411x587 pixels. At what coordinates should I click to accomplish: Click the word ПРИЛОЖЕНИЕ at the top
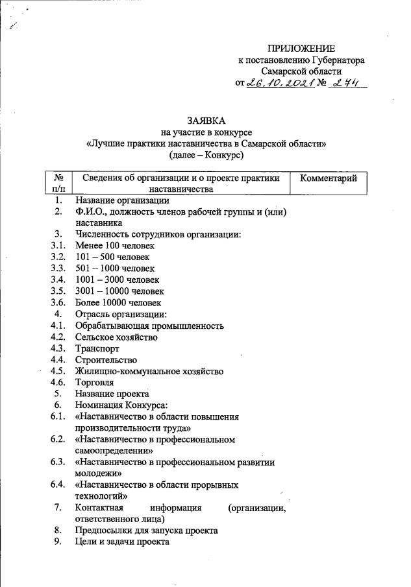[301, 49]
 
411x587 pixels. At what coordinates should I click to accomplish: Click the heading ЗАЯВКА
[206, 121]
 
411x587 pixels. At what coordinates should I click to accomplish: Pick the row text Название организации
[121, 200]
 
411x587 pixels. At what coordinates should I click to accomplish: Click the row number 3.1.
[58, 246]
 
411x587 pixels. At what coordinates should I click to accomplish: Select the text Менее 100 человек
[115, 246]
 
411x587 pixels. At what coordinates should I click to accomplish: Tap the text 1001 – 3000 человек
[116, 280]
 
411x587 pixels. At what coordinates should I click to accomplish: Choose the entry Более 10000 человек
[118, 302]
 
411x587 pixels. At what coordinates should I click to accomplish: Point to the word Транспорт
[97, 348]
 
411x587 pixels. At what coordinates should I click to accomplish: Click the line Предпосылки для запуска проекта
[146, 531]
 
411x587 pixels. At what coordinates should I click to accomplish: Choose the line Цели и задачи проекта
[122, 542]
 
